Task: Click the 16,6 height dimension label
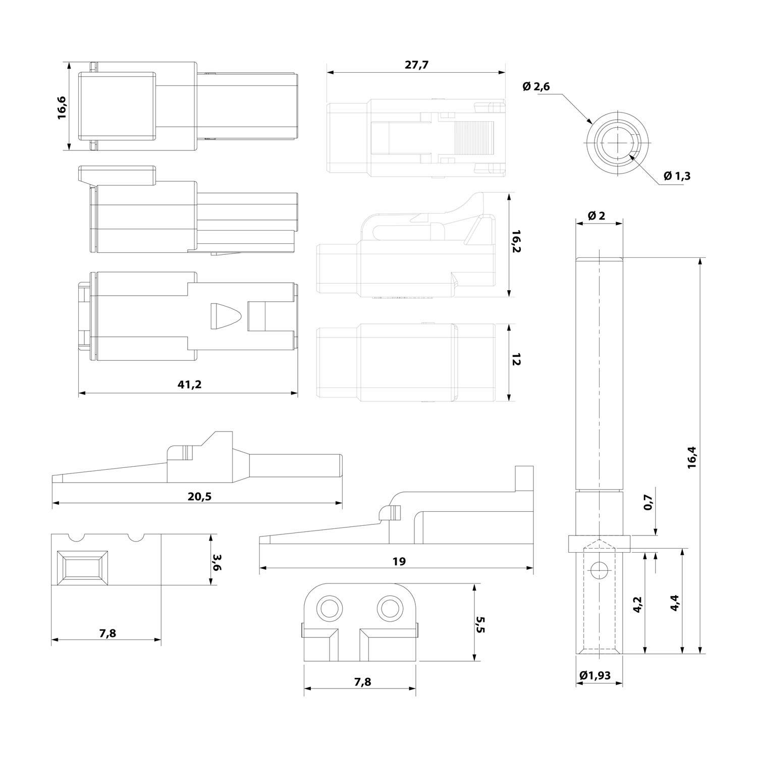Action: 62,106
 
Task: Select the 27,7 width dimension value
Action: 416,65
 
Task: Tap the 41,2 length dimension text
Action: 189,385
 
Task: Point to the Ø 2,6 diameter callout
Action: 536,87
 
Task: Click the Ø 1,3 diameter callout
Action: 677,176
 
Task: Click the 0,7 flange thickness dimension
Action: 648,502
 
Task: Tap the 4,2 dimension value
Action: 637,604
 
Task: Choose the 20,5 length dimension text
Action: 200,496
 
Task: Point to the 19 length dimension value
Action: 399,561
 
